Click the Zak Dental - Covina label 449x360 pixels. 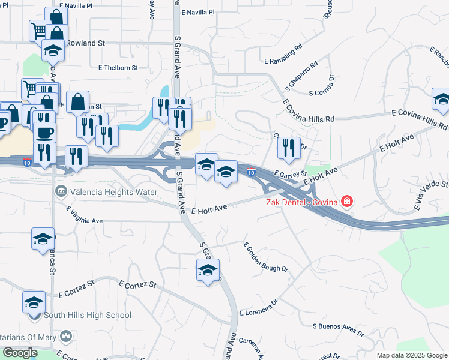click(x=302, y=202)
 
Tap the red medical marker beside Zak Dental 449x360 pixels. click(x=346, y=202)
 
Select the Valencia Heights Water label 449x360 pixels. click(x=113, y=192)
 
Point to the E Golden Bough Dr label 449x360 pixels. click(x=265, y=257)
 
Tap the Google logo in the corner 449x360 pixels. click(x=20, y=353)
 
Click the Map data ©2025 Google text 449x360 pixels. click(x=411, y=355)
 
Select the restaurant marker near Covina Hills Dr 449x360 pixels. click(x=289, y=148)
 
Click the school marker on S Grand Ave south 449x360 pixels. click(x=208, y=271)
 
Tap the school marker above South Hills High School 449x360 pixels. click(x=34, y=302)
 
